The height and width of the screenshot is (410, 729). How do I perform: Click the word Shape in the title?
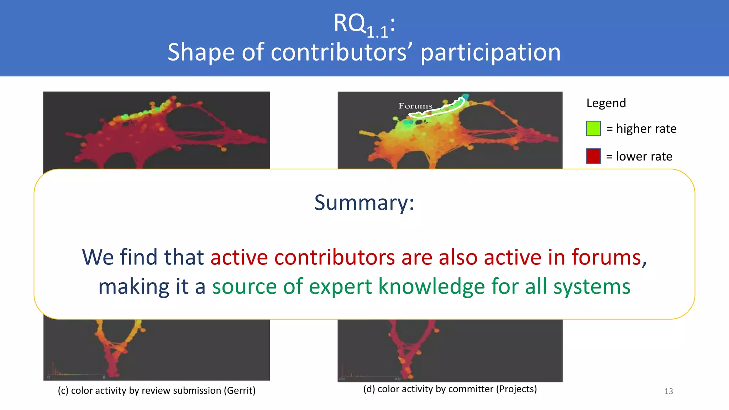[201, 52]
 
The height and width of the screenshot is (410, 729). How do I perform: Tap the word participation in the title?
[491, 52]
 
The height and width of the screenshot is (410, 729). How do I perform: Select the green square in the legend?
[593, 128]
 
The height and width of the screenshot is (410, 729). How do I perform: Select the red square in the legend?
[593, 156]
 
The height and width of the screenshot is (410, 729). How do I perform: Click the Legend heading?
[606, 103]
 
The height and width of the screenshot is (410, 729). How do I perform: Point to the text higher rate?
[646, 128]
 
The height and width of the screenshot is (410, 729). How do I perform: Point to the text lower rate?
[644, 156]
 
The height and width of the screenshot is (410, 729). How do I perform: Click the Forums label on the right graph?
[415, 106]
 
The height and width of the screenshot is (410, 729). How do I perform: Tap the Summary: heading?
[364, 203]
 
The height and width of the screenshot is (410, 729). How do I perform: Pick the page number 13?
[668, 391]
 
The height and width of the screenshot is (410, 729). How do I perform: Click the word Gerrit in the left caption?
[239, 391]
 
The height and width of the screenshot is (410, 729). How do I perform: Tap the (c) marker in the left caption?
[63, 391]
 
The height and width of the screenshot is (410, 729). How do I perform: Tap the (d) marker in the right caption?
[369, 389]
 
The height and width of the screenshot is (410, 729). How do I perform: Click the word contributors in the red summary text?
[334, 257]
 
